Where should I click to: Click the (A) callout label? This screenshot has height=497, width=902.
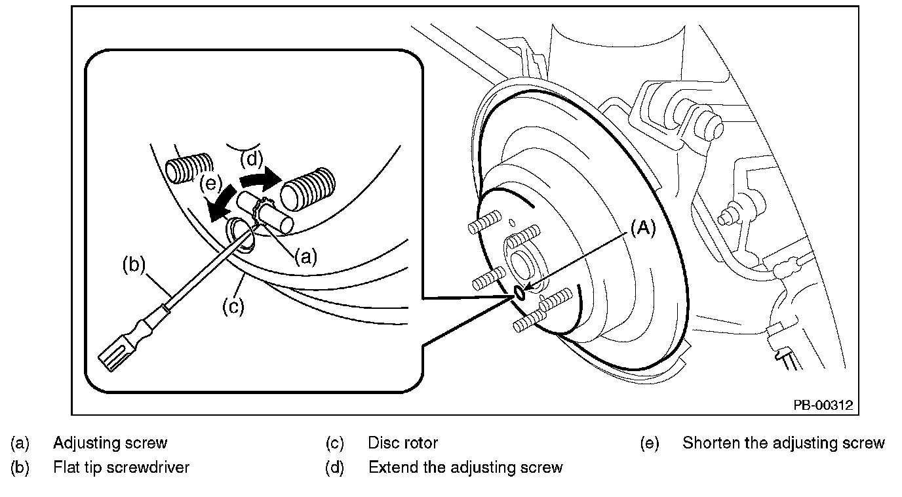pyautogui.click(x=642, y=228)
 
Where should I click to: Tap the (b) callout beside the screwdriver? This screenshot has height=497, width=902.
pyautogui.click(x=134, y=266)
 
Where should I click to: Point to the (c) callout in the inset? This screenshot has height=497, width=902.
pyautogui.click(x=233, y=307)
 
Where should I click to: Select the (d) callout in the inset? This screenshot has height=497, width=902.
pyautogui.click(x=251, y=158)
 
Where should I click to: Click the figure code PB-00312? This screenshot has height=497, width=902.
pyautogui.click(x=823, y=405)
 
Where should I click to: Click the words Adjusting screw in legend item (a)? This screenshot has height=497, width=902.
pyautogui.click(x=110, y=443)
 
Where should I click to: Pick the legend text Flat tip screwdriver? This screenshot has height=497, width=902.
pyautogui.click(x=121, y=467)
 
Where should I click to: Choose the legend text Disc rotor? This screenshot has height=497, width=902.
pyautogui.click(x=402, y=443)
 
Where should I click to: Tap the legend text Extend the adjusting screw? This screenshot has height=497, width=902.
pyautogui.click(x=465, y=467)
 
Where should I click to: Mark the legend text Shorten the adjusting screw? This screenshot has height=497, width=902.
pyautogui.click(x=783, y=443)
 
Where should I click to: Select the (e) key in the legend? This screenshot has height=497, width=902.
pyautogui.click(x=650, y=443)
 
